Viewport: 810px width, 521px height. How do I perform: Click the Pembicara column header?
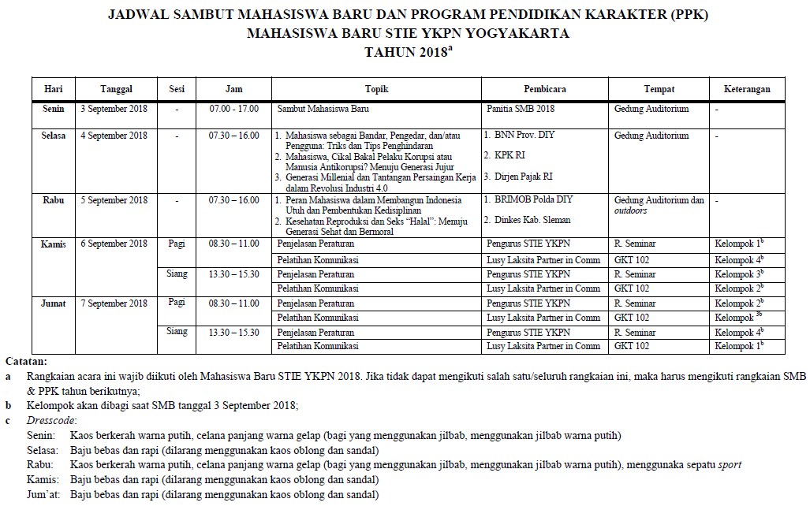[x=544, y=89]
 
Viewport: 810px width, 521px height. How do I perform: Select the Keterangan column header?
[x=747, y=89]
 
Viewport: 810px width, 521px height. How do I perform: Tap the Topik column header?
[x=377, y=89]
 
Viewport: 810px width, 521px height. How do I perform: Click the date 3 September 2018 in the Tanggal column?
[x=114, y=109]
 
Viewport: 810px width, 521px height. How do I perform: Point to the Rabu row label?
[x=54, y=200]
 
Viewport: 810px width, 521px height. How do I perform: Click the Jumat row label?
[x=54, y=303]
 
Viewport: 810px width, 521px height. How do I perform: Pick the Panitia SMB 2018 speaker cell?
[x=521, y=109]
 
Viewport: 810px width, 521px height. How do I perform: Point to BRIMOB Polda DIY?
[x=523, y=200]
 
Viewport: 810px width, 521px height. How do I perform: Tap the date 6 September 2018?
[x=114, y=244]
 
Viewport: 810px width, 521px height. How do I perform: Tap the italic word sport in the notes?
[x=729, y=465]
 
